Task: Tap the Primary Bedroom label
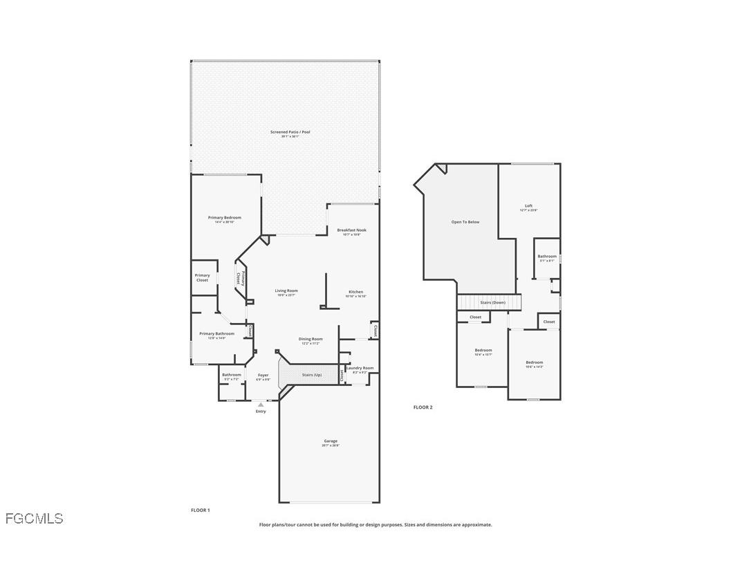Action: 224,218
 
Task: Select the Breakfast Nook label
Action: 351,230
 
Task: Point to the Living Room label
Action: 286,291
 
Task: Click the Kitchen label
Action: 355,292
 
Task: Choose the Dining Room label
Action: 310,340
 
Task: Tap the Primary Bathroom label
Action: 216,334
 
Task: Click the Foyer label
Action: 263,376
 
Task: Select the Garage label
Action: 331,441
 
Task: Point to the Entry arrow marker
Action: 261,404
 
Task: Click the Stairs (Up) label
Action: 312,375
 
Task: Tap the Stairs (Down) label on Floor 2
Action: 492,302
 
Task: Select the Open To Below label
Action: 465,222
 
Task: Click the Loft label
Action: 528,206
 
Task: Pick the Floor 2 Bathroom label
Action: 547,257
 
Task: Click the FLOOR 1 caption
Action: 200,510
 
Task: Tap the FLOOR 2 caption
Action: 423,407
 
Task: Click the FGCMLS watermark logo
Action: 34,518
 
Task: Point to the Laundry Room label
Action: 360,369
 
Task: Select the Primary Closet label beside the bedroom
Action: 202,277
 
